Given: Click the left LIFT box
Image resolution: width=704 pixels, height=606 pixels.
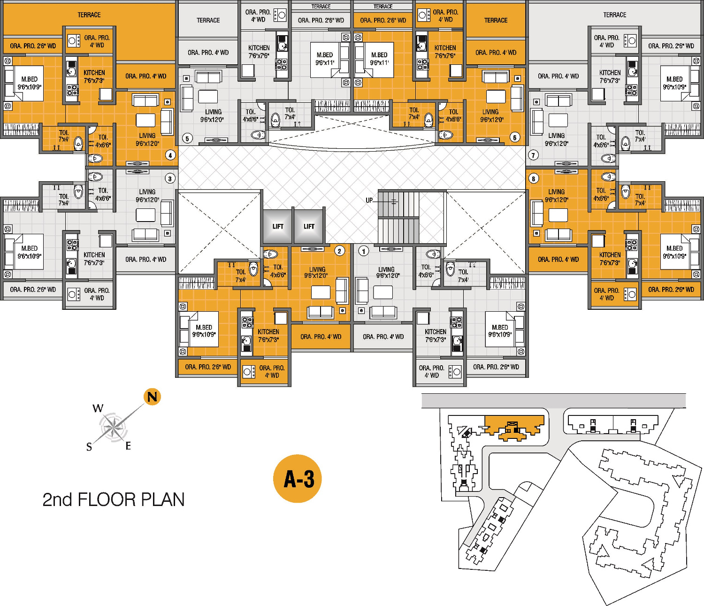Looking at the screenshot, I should [278, 226].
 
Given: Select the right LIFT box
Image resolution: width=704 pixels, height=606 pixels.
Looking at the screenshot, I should [309, 226].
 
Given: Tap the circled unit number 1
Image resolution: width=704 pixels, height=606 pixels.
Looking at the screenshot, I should [363, 251].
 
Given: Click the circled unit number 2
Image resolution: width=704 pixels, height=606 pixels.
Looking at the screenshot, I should [340, 251].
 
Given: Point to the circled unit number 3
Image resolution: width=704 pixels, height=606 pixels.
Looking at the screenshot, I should [170, 178].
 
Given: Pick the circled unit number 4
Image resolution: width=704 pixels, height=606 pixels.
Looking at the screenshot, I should [170, 155].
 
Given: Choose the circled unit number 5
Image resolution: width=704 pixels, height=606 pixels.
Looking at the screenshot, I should [187, 138].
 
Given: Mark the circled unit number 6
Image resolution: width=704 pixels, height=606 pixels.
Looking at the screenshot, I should [515, 138].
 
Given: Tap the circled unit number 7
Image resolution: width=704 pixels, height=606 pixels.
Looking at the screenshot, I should [533, 155].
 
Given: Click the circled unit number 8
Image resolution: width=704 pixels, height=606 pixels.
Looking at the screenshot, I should [533, 178].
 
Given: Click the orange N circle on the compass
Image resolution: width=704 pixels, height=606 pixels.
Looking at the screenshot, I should [152, 397].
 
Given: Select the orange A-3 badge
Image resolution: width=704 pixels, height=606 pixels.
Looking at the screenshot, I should [297, 479].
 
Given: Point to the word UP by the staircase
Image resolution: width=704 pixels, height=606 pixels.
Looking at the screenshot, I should [369, 200].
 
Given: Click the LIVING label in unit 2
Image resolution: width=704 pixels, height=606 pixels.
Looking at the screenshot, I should [317, 270].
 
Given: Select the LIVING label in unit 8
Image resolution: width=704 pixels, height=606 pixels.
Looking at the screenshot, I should [556, 192].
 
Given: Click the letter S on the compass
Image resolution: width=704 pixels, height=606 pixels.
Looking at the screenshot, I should [89, 447].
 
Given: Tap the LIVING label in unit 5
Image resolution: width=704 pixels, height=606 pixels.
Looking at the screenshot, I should [213, 112].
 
